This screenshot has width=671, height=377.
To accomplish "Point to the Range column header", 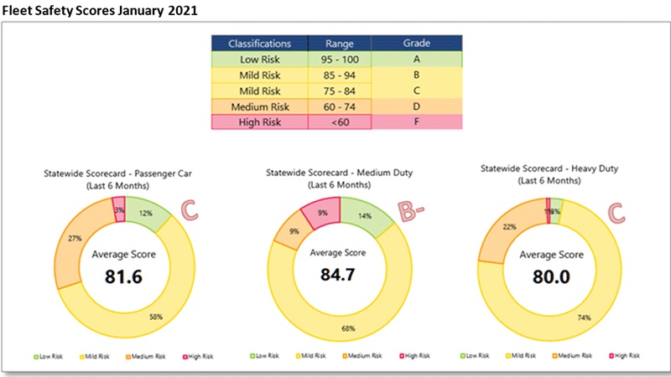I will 340,42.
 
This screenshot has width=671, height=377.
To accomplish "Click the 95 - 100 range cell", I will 340,59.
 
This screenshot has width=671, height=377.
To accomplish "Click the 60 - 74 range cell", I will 340,106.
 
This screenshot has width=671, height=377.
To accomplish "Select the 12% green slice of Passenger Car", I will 145,214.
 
